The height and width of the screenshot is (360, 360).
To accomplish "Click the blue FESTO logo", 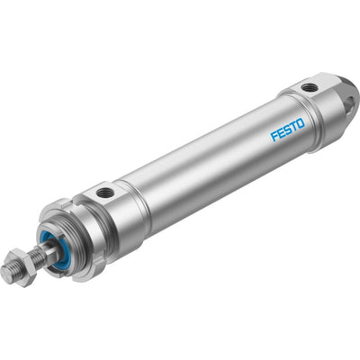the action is point(288,130).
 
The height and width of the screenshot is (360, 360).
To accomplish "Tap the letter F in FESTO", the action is point(274,136).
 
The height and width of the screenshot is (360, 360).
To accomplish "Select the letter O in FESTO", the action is point(301,123).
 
